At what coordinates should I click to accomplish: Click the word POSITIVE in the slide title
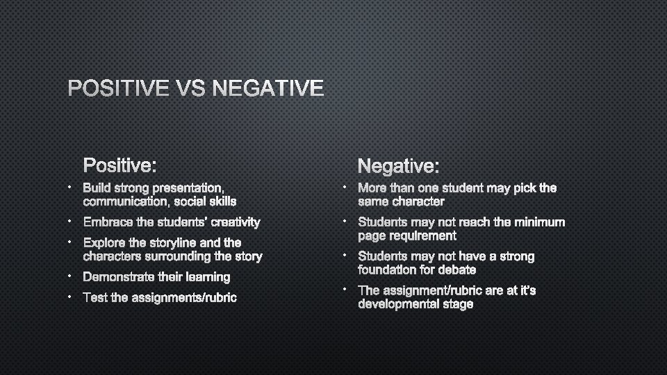[117, 89]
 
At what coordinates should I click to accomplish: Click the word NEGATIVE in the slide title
[268, 89]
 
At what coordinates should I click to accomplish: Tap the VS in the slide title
[190, 89]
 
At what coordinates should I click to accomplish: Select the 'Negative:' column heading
[398, 166]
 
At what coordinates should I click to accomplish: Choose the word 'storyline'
[176, 243]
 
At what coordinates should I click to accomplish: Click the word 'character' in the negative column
[418, 201]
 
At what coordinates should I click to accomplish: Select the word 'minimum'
[540, 222]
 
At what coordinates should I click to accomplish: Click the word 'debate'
[457, 269]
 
